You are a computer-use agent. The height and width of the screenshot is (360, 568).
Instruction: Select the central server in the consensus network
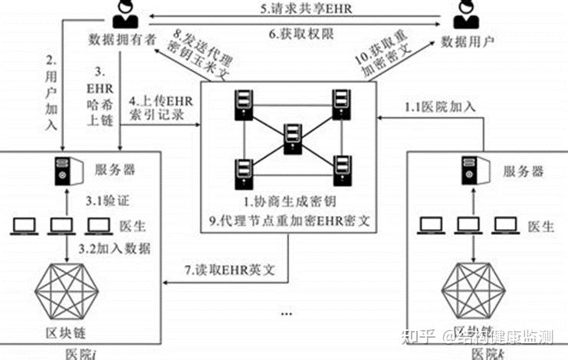tap(291, 136)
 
